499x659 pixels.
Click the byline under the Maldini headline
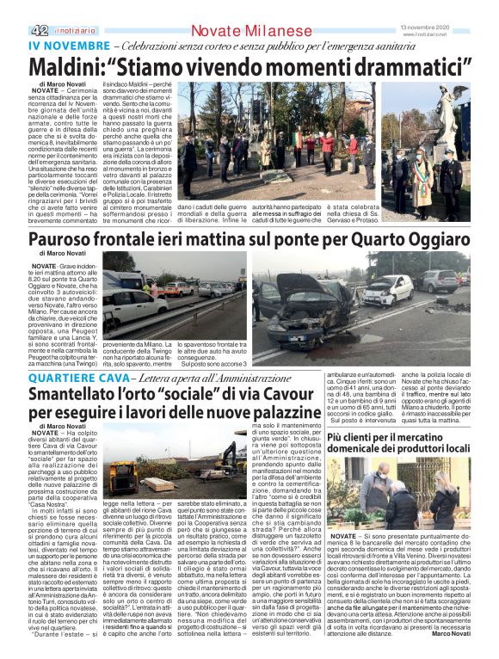tap(56, 83)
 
